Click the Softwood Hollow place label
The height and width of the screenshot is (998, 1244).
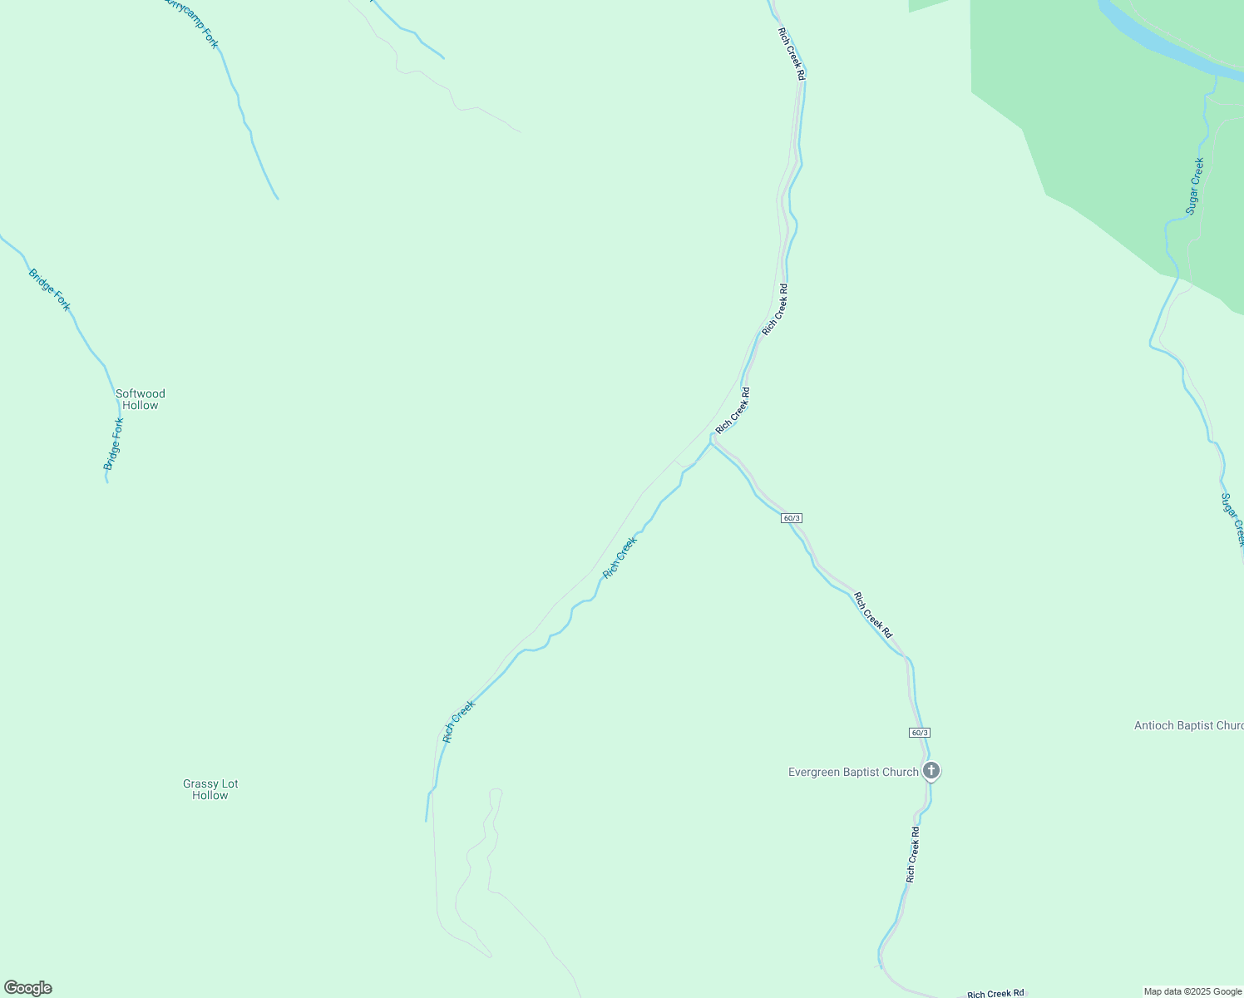coord(141,399)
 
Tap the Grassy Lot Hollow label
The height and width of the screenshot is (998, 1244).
coord(210,789)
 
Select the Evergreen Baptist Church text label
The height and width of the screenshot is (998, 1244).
coord(853,772)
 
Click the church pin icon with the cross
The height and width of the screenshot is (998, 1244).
coord(931,771)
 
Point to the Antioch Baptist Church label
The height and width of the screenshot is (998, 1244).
coord(1188,725)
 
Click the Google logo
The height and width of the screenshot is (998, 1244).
coord(27,987)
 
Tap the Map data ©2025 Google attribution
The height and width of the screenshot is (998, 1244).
coord(1192,991)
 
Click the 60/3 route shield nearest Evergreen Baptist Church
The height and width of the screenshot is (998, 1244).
coord(919,732)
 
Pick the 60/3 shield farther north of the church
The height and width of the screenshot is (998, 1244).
coord(792,518)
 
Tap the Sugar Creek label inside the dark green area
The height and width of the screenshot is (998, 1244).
coord(1195,186)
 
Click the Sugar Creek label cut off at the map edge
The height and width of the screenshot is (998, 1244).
coord(1232,520)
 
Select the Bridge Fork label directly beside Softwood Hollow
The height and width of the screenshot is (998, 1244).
coord(114,444)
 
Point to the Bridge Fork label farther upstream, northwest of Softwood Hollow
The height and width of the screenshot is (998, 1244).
coord(50,289)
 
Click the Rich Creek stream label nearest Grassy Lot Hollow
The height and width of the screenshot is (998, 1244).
coord(458,721)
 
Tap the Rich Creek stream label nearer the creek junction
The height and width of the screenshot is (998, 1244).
coord(620,557)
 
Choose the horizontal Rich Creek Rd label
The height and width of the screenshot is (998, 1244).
coord(995,993)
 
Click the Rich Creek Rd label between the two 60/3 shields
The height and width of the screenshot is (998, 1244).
coord(873,615)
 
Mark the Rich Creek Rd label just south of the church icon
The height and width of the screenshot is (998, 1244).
coord(913,854)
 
